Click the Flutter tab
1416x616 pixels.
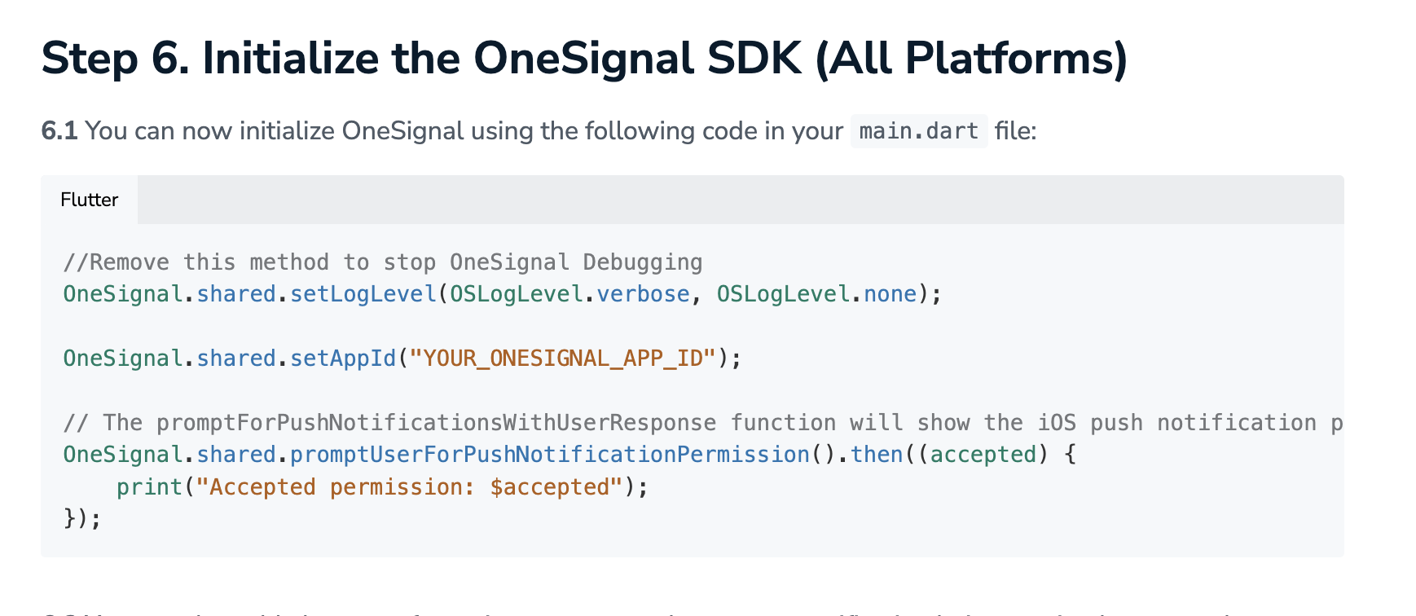point(90,200)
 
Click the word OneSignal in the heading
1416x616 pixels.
point(583,59)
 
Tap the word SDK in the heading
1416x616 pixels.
point(754,59)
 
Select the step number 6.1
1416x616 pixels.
point(59,130)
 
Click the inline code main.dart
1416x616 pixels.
point(918,131)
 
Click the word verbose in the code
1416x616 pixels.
point(643,293)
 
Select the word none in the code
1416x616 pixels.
point(890,293)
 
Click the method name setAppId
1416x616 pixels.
point(343,359)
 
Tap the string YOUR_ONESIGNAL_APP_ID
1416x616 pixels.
point(563,359)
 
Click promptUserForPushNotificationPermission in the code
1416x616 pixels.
point(550,455)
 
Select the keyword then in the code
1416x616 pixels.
point(877,455)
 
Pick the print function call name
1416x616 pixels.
point(149,487)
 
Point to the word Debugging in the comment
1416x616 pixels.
point(643,262)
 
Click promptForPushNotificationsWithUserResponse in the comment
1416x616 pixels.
point(436,423)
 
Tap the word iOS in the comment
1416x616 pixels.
point(1057,423)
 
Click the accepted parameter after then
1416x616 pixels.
point(983,455)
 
